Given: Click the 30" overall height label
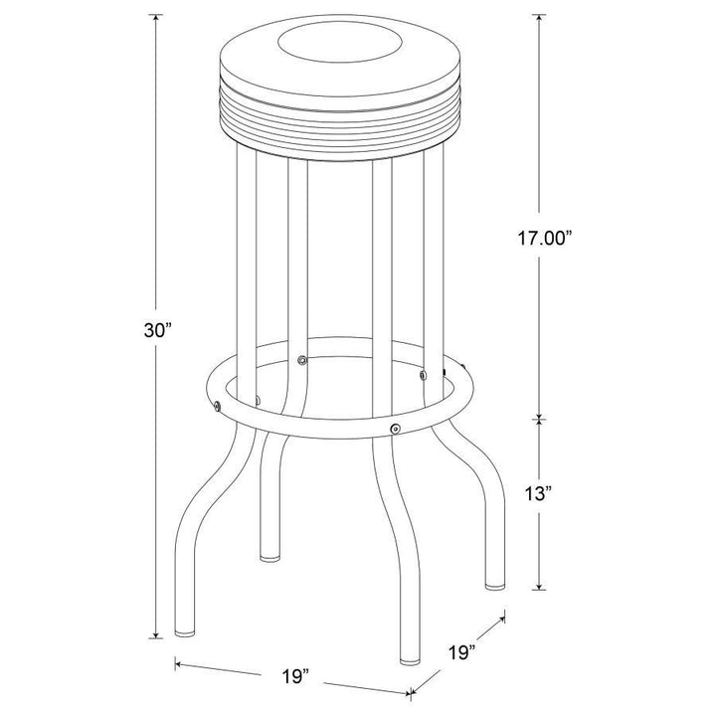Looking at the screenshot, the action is [157, 330].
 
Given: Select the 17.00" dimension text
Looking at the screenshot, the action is [544, 238].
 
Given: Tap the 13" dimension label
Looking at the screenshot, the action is [539, 493].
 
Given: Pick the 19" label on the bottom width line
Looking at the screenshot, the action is [295, 676].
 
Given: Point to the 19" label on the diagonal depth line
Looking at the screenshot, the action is [461, 652].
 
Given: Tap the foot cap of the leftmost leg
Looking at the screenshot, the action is [185, 633].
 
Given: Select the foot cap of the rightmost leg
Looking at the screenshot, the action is [494, 585].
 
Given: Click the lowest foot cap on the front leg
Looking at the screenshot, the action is [410, 660].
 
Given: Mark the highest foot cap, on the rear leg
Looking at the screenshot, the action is [269, 558].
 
